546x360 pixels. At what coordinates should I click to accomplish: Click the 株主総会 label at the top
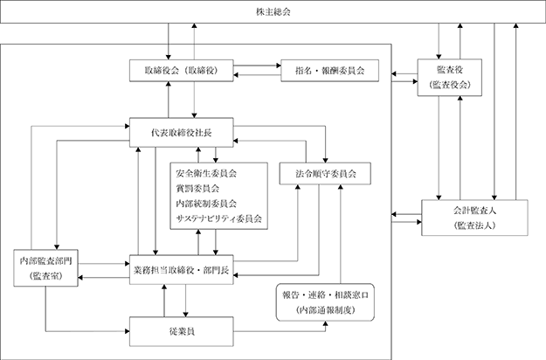pyautogui.click(x=273, y=12)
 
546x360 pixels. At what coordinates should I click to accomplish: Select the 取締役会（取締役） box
pyautogui.click(x=182, y=71)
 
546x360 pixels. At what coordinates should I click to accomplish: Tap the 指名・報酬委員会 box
pyautogui.click(x=329, y=71)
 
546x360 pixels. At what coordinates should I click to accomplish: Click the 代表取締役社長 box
pyautogui.click(x=182, y=132)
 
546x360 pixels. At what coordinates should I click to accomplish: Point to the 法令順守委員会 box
pyautogui.click(x=325, y=173)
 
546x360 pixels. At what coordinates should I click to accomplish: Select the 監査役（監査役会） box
pyautogui.click(x=450, y=77)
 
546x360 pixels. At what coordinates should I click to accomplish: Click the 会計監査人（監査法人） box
pyautogui.click(x=474, y=218)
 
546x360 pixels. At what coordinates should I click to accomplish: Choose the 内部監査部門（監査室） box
pyautogui.click(x=46, y=268)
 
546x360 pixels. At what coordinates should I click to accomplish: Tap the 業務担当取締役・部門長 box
pyautogui.click(x=182, y=270)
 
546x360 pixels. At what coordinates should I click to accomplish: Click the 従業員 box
pyautogui.click(x=182, y=331)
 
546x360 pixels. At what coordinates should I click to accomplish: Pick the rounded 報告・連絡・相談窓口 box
pyautogui.click(x=325, y=302)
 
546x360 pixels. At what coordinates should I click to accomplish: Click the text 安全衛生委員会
pyautogui.click(x=206, y=173)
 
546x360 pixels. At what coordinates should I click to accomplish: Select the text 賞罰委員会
pyautogui.click(x=197, y=189)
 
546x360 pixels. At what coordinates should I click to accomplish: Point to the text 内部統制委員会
pyautogui.click(x=206, y=204)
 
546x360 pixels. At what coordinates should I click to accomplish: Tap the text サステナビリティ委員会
pyautogui.click(x=219, y=218)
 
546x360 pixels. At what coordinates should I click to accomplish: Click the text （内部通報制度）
pyautogui.click(x=325, y=310)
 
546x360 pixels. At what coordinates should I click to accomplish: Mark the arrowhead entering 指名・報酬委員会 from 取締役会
pyautogui.click(x=279, y=66)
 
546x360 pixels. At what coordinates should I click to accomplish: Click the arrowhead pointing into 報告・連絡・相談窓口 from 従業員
pyautogui.click(x=326, y=324)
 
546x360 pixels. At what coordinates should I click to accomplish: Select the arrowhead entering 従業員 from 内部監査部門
pyautogui.click(x=127, y=331)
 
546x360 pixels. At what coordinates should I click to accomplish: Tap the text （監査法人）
pyautogui.click(x=474, y=225)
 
